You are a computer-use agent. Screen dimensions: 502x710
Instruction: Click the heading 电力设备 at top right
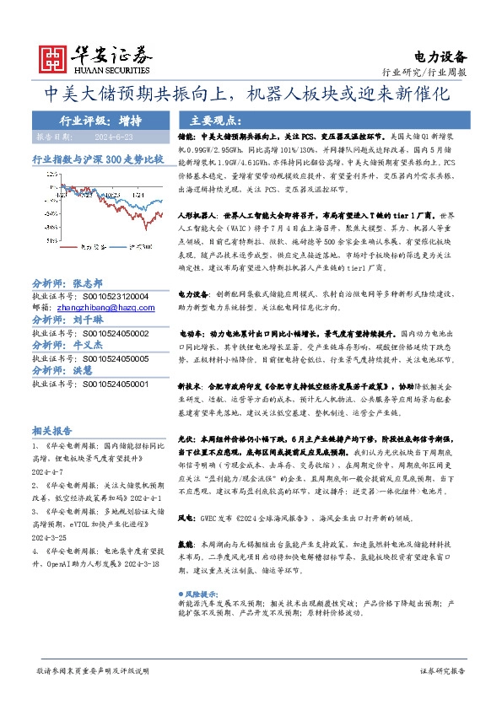point(440,56)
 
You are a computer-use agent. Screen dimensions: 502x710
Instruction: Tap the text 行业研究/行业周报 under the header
point(429,73)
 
